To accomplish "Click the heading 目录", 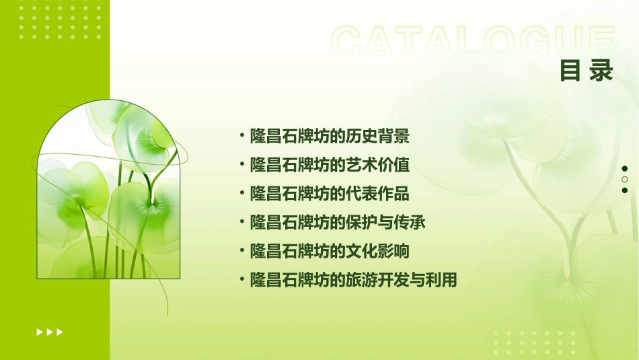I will point(587,71).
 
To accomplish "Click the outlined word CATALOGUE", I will point(473,42).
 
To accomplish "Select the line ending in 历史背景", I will point(330,137).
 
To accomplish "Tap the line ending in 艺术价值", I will point(330,165).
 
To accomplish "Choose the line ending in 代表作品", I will point(330,194).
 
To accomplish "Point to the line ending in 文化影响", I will point(330,251).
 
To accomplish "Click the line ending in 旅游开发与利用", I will point(353,280).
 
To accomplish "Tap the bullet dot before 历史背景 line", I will point(242,137).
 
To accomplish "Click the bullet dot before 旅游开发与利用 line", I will point(242,279).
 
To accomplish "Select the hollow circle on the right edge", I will point(625,180).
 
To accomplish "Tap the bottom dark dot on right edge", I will point(625,190).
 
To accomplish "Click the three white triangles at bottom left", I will point(49,332).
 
